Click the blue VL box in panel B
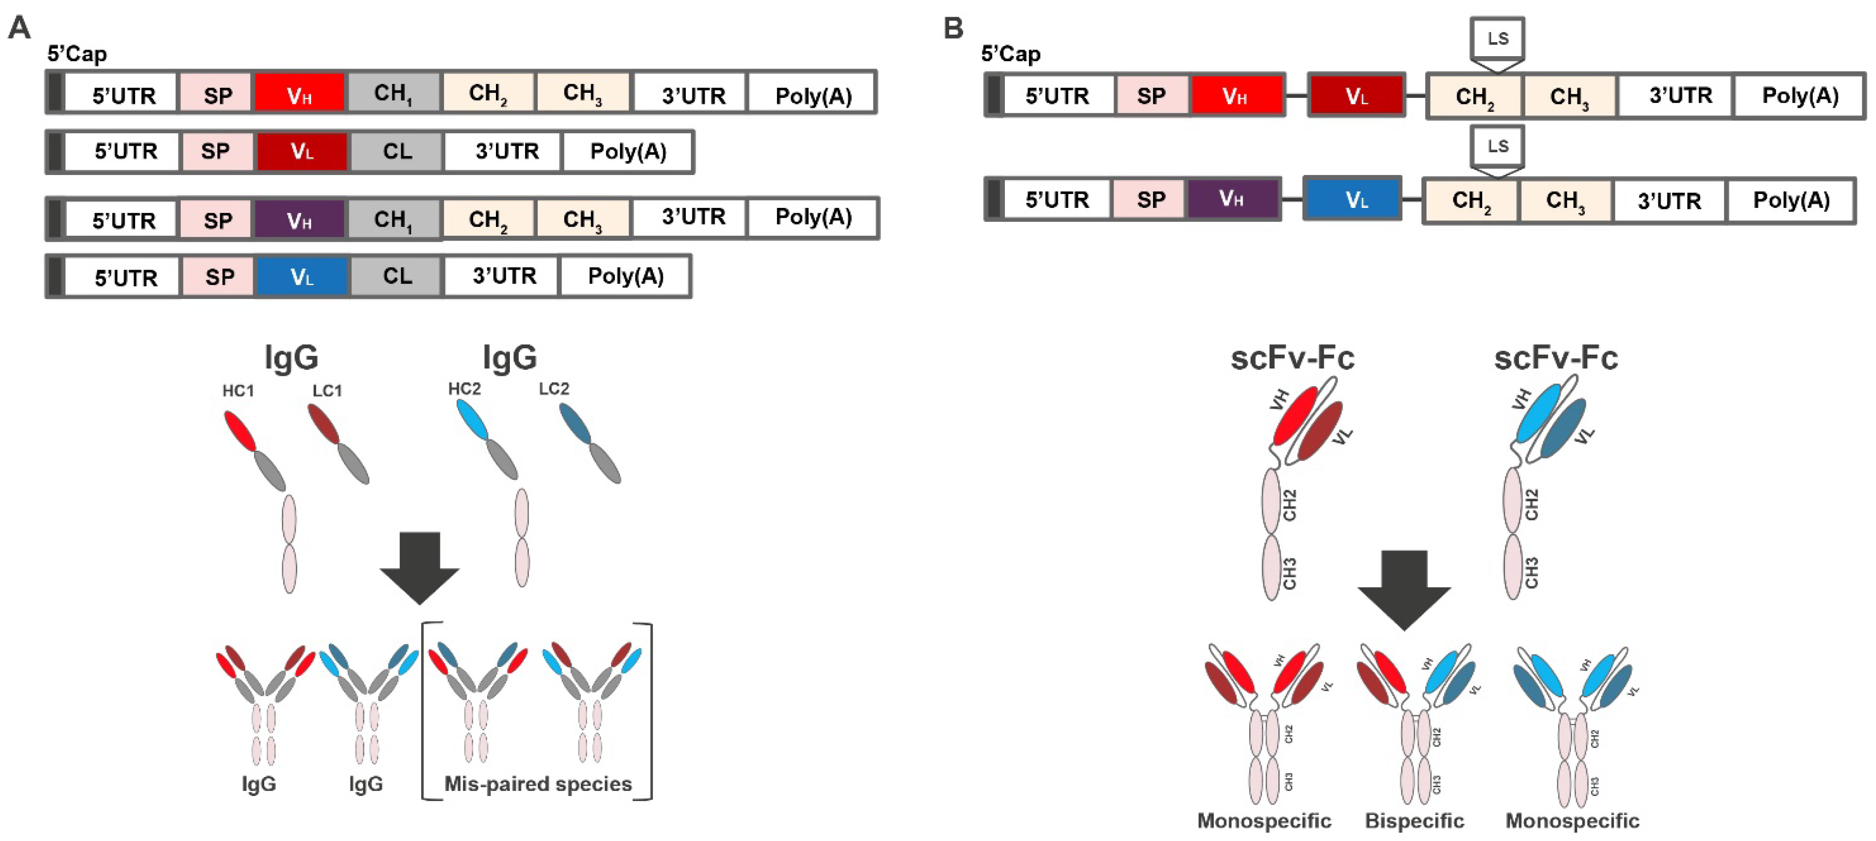[1352, 199]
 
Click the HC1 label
[238, 391]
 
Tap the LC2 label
[554, 389]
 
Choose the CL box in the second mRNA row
[397, 151]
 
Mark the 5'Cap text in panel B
[1011, 54]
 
